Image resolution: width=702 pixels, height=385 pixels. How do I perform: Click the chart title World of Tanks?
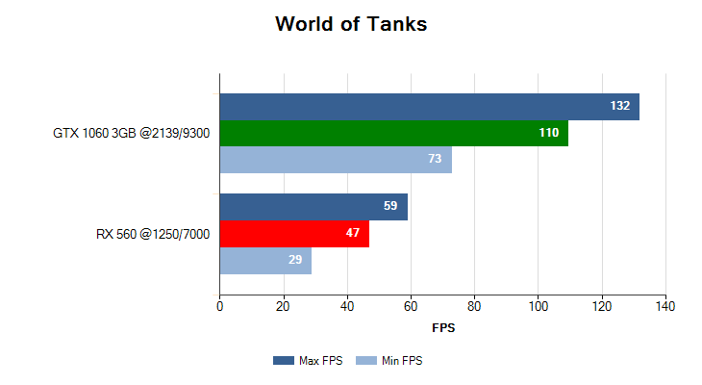coord(351,24)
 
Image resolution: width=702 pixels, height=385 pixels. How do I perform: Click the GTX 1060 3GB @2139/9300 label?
coord(132,133)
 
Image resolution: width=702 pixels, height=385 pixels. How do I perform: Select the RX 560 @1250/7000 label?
coord(154,234)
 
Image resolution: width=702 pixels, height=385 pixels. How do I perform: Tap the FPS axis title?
coord(443,328)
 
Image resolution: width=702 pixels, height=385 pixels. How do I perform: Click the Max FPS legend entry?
coord(308,361)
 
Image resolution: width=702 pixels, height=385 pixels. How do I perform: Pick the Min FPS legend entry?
coord(389,361)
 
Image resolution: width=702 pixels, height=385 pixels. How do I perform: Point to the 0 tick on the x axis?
coord(220,307)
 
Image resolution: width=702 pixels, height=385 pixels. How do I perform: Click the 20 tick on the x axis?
coord(283,307)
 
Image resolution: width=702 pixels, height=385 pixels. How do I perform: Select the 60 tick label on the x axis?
coord(411,307)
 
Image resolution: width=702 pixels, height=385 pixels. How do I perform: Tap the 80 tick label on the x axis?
coord(474,307)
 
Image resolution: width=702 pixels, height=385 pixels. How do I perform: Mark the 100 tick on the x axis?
coord(538,307)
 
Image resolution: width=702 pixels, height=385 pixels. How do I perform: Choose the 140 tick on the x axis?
coord(665,307)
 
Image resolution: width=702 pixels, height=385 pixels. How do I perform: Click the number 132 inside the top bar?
coord(620,106)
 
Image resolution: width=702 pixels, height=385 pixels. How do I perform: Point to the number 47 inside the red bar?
coord(353,234)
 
